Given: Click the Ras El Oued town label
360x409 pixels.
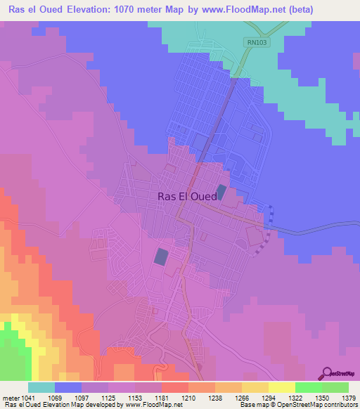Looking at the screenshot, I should coord(187,197).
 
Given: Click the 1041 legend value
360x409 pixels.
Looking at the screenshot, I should coord(27,397).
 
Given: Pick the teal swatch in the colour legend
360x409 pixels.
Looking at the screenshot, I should coord(41,387).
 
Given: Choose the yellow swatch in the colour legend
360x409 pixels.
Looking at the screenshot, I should coord(281,387).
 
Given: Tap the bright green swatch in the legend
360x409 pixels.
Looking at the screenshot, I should coord(308,387).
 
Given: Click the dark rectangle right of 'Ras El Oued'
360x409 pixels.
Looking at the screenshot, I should coord(222,191).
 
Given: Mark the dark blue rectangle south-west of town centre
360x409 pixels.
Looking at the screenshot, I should coord(161,257).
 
